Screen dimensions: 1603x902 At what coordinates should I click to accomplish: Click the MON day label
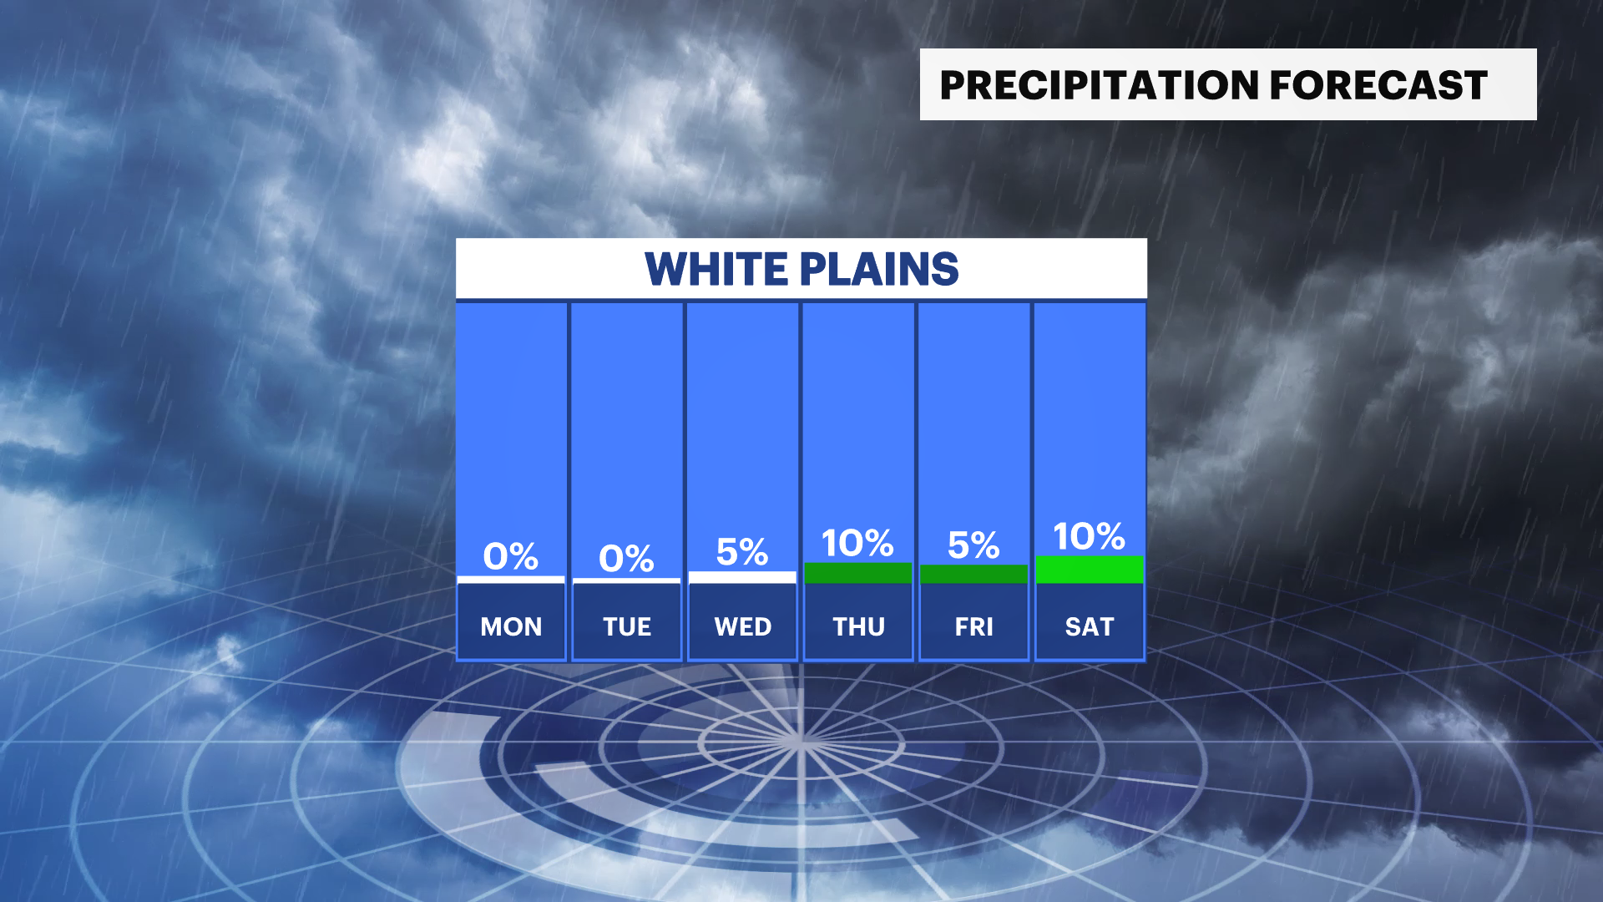click(511, 626)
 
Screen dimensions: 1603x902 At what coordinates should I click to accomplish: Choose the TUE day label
click(627, 626)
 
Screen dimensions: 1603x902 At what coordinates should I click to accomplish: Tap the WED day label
click(743, 626)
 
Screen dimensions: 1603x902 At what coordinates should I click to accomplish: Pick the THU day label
click(858, 626)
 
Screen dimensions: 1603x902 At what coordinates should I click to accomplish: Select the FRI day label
click(974, 626)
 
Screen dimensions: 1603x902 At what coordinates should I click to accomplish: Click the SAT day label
click(1090, 626)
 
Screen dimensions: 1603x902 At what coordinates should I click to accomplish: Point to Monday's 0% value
click(511, 556)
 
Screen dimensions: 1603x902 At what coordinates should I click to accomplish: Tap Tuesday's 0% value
click(627, 559)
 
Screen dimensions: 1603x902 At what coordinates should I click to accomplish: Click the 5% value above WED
click(742, 552)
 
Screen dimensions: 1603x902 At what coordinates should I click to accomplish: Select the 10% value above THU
click(857, 544)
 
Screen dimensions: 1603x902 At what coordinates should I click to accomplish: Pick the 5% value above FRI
click(973, 546)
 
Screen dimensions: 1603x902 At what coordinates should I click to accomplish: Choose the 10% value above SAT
click(1089, 537)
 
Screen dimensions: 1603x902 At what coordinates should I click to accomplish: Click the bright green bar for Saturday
click(1090, 570)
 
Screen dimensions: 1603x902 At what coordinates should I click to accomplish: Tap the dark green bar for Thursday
click(858, 573)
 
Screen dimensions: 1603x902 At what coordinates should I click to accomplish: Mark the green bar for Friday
click(974, 575)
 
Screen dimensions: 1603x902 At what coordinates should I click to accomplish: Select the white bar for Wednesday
click(743, 577)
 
